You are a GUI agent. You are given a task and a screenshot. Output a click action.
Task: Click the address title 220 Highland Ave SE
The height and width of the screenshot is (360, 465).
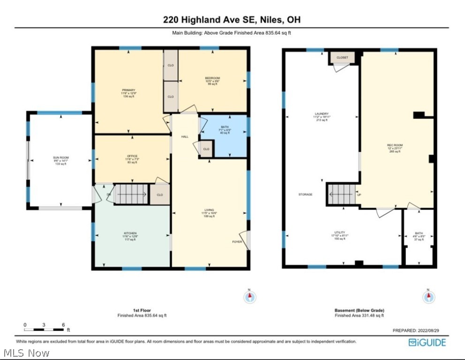click(x=232, y=20)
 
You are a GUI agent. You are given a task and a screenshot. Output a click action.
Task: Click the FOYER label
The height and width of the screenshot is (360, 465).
click(x=237, y=242)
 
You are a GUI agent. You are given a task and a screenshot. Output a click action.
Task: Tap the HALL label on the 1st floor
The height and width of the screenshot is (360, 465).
click(x=185, y=136)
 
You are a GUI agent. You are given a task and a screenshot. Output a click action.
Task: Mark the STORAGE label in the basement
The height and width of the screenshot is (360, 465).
click(x=305, y=194)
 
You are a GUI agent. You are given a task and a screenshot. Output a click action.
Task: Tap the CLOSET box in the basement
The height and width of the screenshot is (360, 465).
click(x=342, y=58)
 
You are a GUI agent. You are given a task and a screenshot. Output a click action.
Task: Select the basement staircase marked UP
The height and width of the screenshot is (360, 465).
click(x=341, y=194)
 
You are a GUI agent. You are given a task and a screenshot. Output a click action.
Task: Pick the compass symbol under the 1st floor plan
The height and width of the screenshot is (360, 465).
click(x=250, y=296)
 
